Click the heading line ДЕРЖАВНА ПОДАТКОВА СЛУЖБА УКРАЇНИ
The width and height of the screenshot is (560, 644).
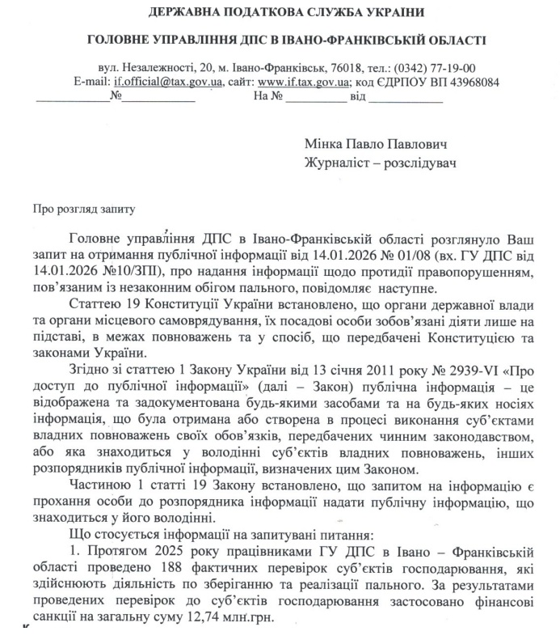click(280, 13)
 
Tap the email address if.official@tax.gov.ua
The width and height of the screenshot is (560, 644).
click(160, 82)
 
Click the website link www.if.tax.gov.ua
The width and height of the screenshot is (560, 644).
click(305, 82)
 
